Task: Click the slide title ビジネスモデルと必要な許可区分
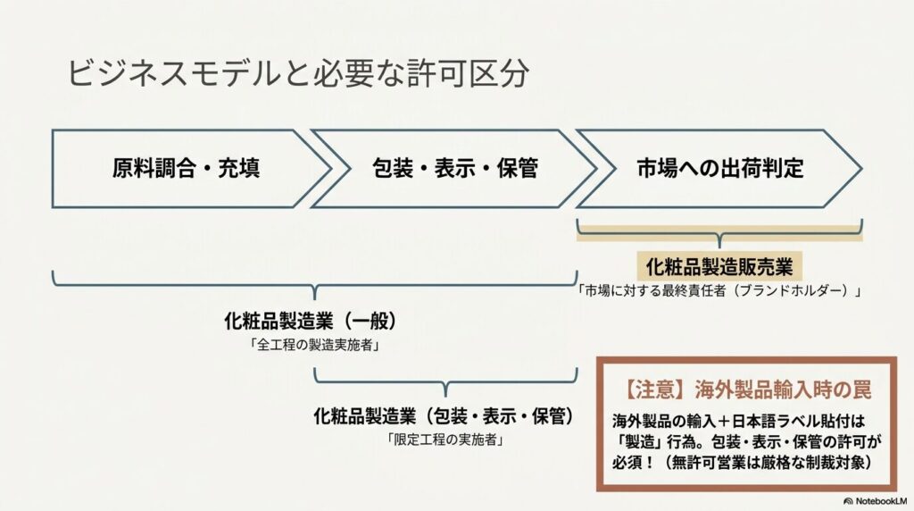click(x=298, y=73)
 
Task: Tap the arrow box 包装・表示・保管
click(x=453, y=169)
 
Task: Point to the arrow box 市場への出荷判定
click(x=719, y=169)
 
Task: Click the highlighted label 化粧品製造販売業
click(x=719, y=267)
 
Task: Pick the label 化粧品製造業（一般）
click(x=311, y=321)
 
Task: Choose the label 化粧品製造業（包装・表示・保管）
click(x=444, y=416)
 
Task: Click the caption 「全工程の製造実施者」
click(x=315, y=346)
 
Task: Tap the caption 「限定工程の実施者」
click(x=446, y=440)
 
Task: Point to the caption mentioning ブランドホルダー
click(x=719, y=290)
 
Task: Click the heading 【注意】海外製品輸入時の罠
click(x=747, y=390)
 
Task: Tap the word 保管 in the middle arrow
click(x=517, y=169)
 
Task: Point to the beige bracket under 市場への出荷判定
click(x=719, y=233)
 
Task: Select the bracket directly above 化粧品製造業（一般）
click(x=315, y=285)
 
